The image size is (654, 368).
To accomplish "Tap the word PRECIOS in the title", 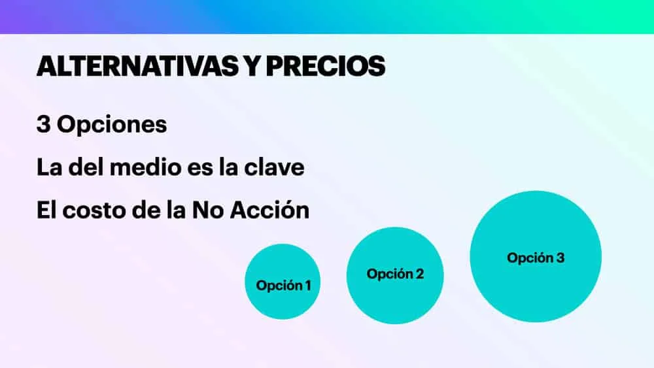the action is [325, 66].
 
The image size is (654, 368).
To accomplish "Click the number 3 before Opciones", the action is [43, 124].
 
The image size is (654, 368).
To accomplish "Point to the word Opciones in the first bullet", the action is [112, 125].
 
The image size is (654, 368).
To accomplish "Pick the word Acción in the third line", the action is [270, 210].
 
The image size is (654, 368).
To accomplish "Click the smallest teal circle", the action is [283, 282].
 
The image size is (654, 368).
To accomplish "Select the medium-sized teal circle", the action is [395, 275].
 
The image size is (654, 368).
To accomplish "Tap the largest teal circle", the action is [536, 257].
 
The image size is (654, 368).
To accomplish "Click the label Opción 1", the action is [283, 286].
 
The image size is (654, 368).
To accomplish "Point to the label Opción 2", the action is [395, 274].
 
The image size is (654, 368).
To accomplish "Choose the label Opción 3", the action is [536, 258].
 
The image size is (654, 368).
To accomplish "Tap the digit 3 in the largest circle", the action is [560, 258].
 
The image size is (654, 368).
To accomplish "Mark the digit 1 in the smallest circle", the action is [308, 286].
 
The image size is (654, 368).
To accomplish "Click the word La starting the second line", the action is [50, 167].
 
